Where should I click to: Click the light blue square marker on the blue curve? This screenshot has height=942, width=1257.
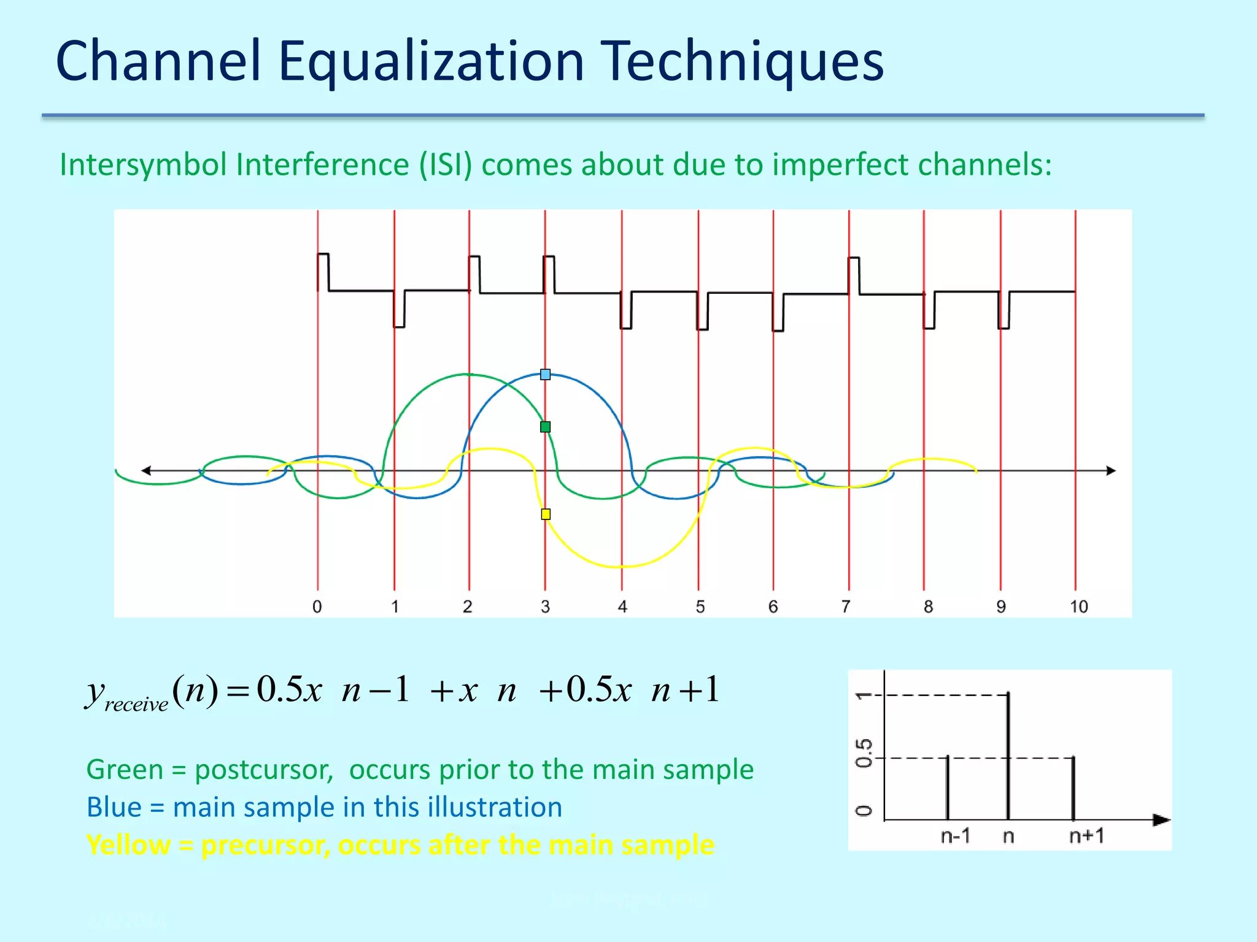(x=545, y=374)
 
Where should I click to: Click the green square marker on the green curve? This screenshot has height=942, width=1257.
(x=545, y=427)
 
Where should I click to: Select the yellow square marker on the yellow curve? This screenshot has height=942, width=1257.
(x=546, y=514)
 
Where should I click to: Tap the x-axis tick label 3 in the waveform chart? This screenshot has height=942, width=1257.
(x=545, y=607)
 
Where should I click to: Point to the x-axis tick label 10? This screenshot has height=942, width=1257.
(x=1078, y=607)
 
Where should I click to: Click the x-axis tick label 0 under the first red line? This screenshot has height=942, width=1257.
(x=317, y=607)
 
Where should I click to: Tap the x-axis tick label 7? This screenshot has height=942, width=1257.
(x=846, y=607)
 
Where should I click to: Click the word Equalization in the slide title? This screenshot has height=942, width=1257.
(x=431, y=61)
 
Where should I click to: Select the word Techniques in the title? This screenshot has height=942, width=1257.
(x=741, y=61)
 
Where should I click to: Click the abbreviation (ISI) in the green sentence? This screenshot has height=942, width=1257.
(x=446, y=165)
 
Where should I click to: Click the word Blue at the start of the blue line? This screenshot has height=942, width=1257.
(x=114, y=807)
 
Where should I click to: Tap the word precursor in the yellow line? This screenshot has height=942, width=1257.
(x=265, y=845)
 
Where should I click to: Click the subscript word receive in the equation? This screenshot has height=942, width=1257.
(x=136, y=704)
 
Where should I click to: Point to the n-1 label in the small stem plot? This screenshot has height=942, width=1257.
(x=955, y=836)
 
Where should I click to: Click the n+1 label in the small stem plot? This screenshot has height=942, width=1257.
(x=1086, y=836)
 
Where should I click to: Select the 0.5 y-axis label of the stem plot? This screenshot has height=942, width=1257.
(x=864, y=753)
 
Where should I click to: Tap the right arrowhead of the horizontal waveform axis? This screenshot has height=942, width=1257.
(x=1110, y=470)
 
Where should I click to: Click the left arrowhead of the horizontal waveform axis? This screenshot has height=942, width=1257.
(x=146, y=470)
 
